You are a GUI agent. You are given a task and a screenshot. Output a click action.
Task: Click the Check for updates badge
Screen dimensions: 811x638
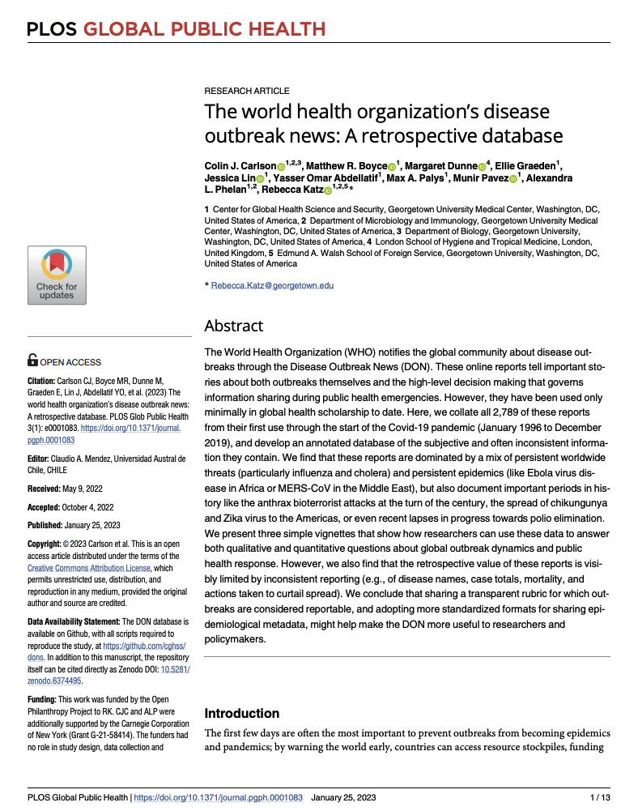(57, 275)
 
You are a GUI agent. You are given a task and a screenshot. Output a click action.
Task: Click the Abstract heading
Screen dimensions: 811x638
(234, 326)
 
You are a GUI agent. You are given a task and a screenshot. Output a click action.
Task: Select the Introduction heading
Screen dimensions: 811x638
(242, 713)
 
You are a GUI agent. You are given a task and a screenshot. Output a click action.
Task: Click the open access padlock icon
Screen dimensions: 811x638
(32, 361)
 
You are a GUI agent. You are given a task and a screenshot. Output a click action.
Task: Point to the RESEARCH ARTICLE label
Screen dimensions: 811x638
(247, 91)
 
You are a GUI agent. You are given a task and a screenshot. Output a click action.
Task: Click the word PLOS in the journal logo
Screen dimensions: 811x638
(52, 30)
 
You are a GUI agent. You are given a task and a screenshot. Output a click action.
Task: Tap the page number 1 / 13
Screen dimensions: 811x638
(599, 797)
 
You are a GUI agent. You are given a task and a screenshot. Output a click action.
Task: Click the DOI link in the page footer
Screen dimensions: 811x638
(219, 797)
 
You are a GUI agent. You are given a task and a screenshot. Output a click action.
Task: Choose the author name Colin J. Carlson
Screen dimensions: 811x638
(240, 165)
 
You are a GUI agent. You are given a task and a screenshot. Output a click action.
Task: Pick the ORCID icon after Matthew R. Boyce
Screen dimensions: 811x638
(390, 166)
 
